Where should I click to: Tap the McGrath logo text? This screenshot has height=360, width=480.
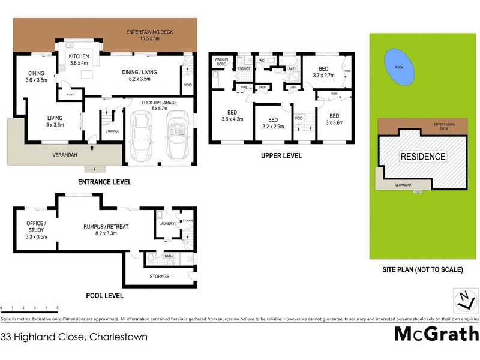(436, 334)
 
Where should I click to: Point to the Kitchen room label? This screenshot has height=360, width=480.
(79, 59)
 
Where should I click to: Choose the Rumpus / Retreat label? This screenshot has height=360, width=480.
(106, 230)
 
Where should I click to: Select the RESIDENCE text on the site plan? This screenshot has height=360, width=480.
(423, 157)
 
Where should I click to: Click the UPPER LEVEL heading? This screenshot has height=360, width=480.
(281, 156)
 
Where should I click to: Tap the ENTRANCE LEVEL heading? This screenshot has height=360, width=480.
(104, 182)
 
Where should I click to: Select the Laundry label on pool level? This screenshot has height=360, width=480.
(167, 224)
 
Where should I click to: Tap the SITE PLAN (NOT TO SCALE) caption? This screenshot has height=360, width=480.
(423, 270)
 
